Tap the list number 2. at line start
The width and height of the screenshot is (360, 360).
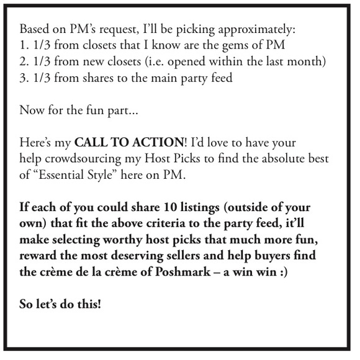(25, 62)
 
